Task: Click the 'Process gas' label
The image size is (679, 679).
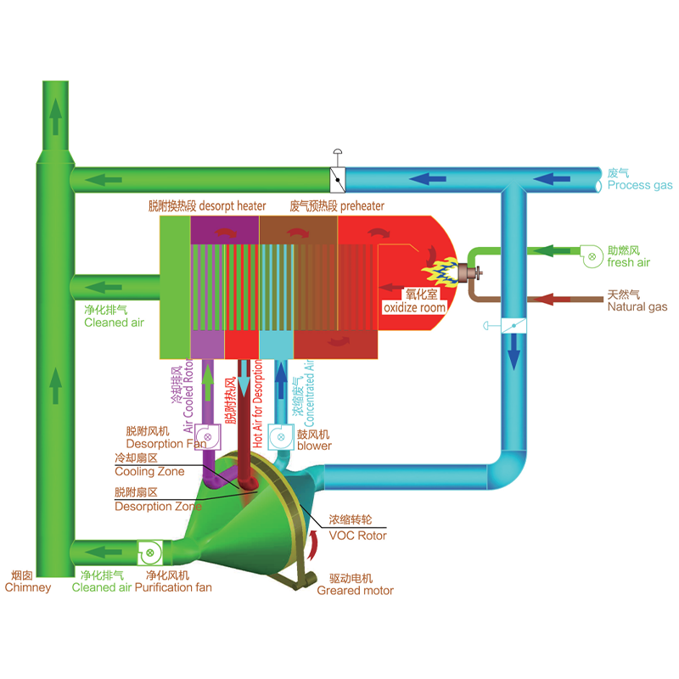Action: (640, 185)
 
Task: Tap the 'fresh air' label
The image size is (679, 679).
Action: (628, 262)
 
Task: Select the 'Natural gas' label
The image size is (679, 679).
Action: (637, 307)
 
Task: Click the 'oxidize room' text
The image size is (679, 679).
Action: (414, 307)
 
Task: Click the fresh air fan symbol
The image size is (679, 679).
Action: (591, 256)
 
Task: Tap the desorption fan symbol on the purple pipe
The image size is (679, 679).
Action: (207, 437)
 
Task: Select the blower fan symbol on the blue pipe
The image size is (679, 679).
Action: (281, 437)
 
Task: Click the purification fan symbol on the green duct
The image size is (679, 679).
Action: (150, 553)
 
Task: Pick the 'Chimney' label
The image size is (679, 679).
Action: (28, 587)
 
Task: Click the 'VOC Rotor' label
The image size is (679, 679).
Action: (357, 536)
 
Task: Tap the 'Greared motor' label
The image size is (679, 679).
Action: (355, 591)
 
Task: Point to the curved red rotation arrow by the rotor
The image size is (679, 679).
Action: (313, 545)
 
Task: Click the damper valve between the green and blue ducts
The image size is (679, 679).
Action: (338, 180)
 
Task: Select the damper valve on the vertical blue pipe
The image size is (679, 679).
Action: (513, 326)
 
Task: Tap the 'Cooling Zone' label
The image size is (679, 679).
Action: (149, 472)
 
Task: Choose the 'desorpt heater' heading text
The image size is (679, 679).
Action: (233, 206)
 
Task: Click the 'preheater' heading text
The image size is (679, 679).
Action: (362, 206)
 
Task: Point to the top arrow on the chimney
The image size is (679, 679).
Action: (55, 116)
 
